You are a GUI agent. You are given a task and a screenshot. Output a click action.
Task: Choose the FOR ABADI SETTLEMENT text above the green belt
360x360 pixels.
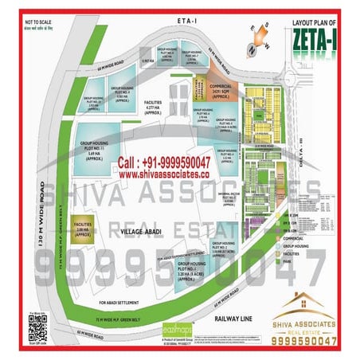coord(123,303)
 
